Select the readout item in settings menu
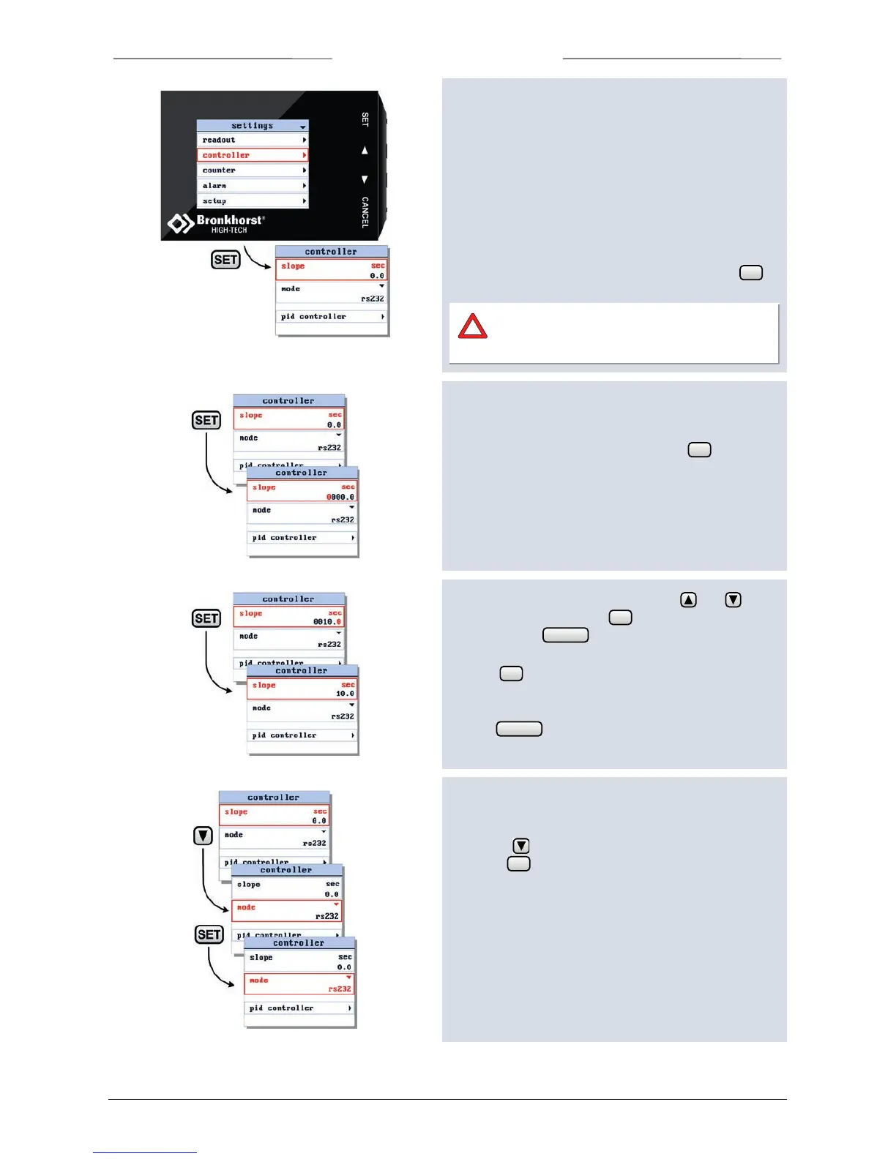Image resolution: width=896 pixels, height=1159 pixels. point(253,140)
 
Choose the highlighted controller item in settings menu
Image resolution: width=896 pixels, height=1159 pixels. point(253,155)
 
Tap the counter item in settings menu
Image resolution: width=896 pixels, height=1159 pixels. point(253,170)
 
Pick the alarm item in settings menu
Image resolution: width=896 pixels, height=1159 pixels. point(253,186)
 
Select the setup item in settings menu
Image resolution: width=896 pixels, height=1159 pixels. point(253,201)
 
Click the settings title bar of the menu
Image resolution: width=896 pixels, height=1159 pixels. point(253,126)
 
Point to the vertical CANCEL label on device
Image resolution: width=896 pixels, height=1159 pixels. point(365,212)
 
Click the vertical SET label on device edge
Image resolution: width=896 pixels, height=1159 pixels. point(365,119)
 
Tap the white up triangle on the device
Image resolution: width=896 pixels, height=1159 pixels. point(365,150)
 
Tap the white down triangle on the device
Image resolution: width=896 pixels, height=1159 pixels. point(365,179)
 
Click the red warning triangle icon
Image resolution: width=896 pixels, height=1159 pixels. point(473,326)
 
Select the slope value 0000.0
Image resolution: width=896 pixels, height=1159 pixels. point(340,497)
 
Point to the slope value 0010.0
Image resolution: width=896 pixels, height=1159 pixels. point(326,622)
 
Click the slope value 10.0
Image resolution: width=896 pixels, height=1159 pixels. point(345,694)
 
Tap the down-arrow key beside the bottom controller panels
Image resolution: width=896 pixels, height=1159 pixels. point(204,836)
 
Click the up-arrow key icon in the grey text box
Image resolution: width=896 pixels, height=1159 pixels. point(689,600)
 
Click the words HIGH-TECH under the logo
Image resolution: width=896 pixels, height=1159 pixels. point(229,230)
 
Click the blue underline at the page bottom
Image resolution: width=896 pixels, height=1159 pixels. point(145,1152)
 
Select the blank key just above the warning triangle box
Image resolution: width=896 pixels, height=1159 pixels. point(751,273)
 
